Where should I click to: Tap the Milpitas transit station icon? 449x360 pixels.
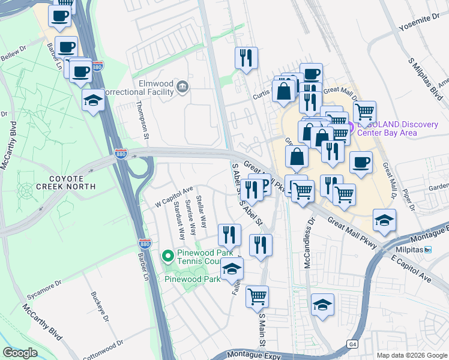tap(428, 250)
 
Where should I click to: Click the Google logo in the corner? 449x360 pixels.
tap(20, 353)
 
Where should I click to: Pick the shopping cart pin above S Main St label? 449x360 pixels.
tap(258, 295)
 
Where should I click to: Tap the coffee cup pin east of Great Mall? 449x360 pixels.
tap(361, 163)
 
